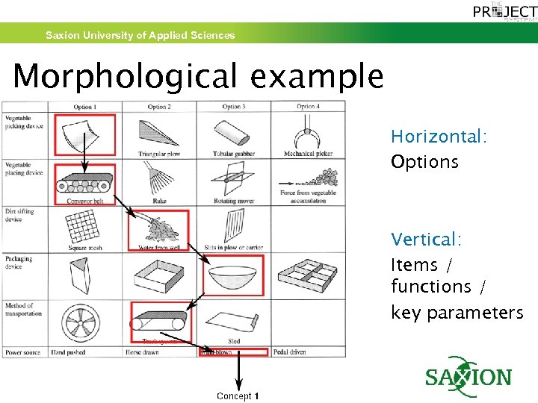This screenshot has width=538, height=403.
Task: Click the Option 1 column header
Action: (84, 107)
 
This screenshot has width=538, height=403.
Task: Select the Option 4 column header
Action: (308, 107)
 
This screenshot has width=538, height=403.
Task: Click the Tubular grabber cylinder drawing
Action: (233, 134)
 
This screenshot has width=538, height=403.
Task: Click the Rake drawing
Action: (158, 178)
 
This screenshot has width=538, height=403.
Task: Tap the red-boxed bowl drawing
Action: (233, 275)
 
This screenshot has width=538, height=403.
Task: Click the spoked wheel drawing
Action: (84, 323)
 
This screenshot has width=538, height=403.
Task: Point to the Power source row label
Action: (23, 352)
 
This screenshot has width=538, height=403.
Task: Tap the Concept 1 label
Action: (238, 396)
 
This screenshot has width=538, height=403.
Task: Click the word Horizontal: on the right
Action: (439, 137)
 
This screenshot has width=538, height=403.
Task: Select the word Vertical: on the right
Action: (426, 240)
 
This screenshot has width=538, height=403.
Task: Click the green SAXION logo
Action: (469, 377)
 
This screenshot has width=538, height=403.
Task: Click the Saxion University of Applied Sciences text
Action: (140, 35)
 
